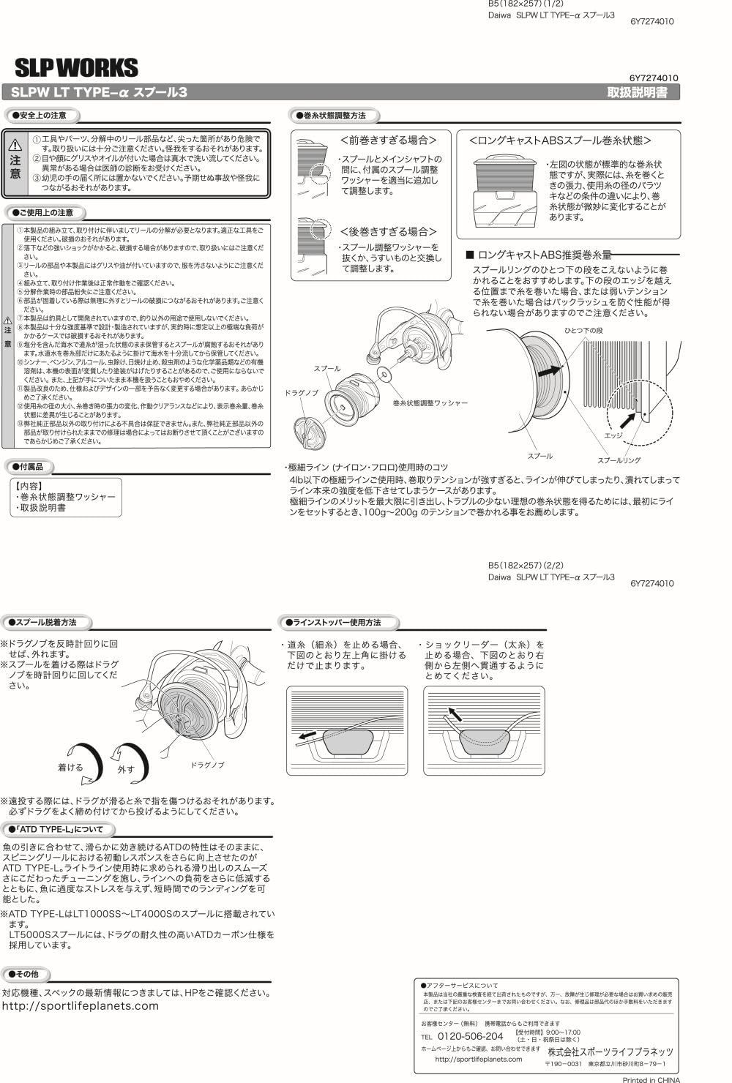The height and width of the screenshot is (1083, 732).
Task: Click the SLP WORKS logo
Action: tap(76, 68)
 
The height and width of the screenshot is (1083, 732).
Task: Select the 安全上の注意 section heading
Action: tap(43, 116)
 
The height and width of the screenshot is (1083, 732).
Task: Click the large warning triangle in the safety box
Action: tap(15, 145)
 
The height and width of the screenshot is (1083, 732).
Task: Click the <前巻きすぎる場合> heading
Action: tap(388, 140)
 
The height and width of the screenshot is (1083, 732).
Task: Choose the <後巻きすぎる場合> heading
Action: tap(388, 231)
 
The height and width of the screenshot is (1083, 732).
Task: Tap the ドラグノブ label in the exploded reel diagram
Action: tap(301, 393)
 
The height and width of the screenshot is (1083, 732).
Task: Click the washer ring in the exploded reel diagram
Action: tap(384, 375)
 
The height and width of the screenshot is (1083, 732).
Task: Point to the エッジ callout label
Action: tap(613, 435)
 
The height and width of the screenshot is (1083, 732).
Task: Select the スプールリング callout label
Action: tap(619, 460)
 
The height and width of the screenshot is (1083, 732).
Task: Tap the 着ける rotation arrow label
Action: tap(70, 768)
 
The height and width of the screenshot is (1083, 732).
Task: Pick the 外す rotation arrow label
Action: tap(126, 770)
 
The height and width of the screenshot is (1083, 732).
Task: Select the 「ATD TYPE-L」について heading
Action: tap(60, 830)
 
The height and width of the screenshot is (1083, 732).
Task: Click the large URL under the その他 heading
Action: tap(81, 1006)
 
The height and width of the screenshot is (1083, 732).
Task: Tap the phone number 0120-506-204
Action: tap(470, 1036)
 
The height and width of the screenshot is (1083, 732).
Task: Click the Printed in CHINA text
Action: tap(650, 1079)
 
